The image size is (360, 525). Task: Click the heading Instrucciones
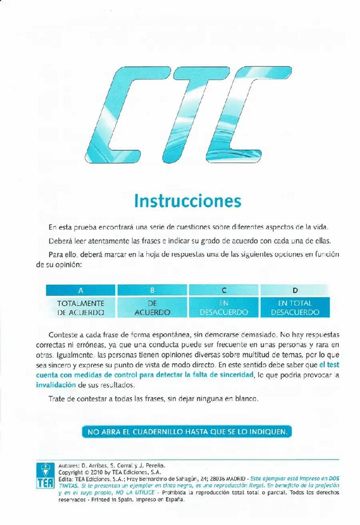pyautogui.click(x=187, y=201)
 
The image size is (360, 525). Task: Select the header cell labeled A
pyautogui.click(x=80, y=290)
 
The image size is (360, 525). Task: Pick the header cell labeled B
pyautogui.click(x=152, y=290)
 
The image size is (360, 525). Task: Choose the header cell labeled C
pyautogui.click(x=224, y=290)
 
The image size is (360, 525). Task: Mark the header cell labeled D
pyautogui.click(x=295, y=290)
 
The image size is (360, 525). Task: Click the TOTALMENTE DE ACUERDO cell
pyautogui.click(x=80, y=308)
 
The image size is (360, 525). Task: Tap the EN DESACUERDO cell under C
pyautogui.click(x=224, y=308)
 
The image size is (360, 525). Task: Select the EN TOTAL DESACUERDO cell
pyautogui.click(x=295, y=308)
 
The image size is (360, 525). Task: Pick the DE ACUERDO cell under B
pyautogui.click(x=152, y=308)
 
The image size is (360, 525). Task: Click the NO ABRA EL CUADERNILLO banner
pyautogui.click(x=187, y=432)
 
